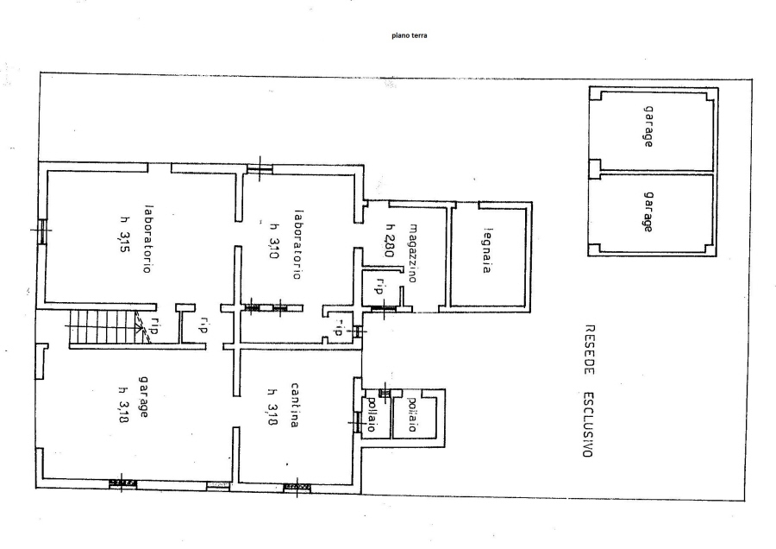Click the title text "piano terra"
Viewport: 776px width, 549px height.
coord(410,35)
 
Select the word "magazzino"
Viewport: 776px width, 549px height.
coord(413,253)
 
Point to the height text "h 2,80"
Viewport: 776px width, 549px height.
coord(390,240)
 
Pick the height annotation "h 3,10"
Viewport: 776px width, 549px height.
coord(273,240)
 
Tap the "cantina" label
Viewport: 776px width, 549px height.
coord(295,405)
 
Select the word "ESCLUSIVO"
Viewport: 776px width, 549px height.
coord(588,425)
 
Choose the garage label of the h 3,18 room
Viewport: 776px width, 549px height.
coord(144,397)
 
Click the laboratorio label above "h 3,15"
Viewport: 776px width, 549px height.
coord(147,239)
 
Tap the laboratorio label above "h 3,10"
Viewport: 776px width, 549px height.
coord(297,245)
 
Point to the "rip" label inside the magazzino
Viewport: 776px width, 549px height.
coord(380,287)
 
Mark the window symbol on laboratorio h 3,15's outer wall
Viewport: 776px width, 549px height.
coord(41,230)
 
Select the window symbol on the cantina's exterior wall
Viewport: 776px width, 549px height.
coord(297,488)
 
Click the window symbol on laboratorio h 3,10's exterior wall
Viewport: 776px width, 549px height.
coord(260,168)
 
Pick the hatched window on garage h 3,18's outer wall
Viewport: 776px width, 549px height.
coord(122,483)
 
